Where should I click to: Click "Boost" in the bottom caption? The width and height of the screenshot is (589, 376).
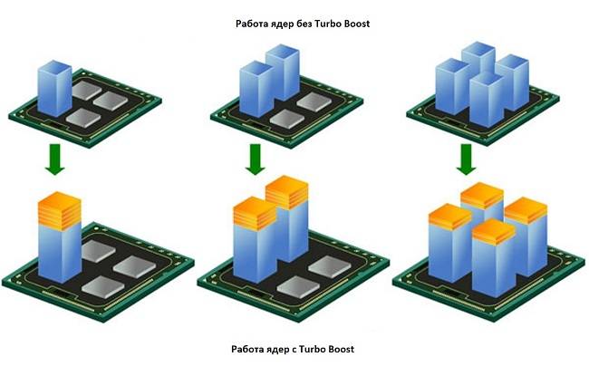click(339, 349)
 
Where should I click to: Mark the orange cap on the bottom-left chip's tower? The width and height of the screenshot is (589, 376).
click(61, 208)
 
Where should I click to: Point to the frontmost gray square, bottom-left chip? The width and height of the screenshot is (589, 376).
click(103, 286)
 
